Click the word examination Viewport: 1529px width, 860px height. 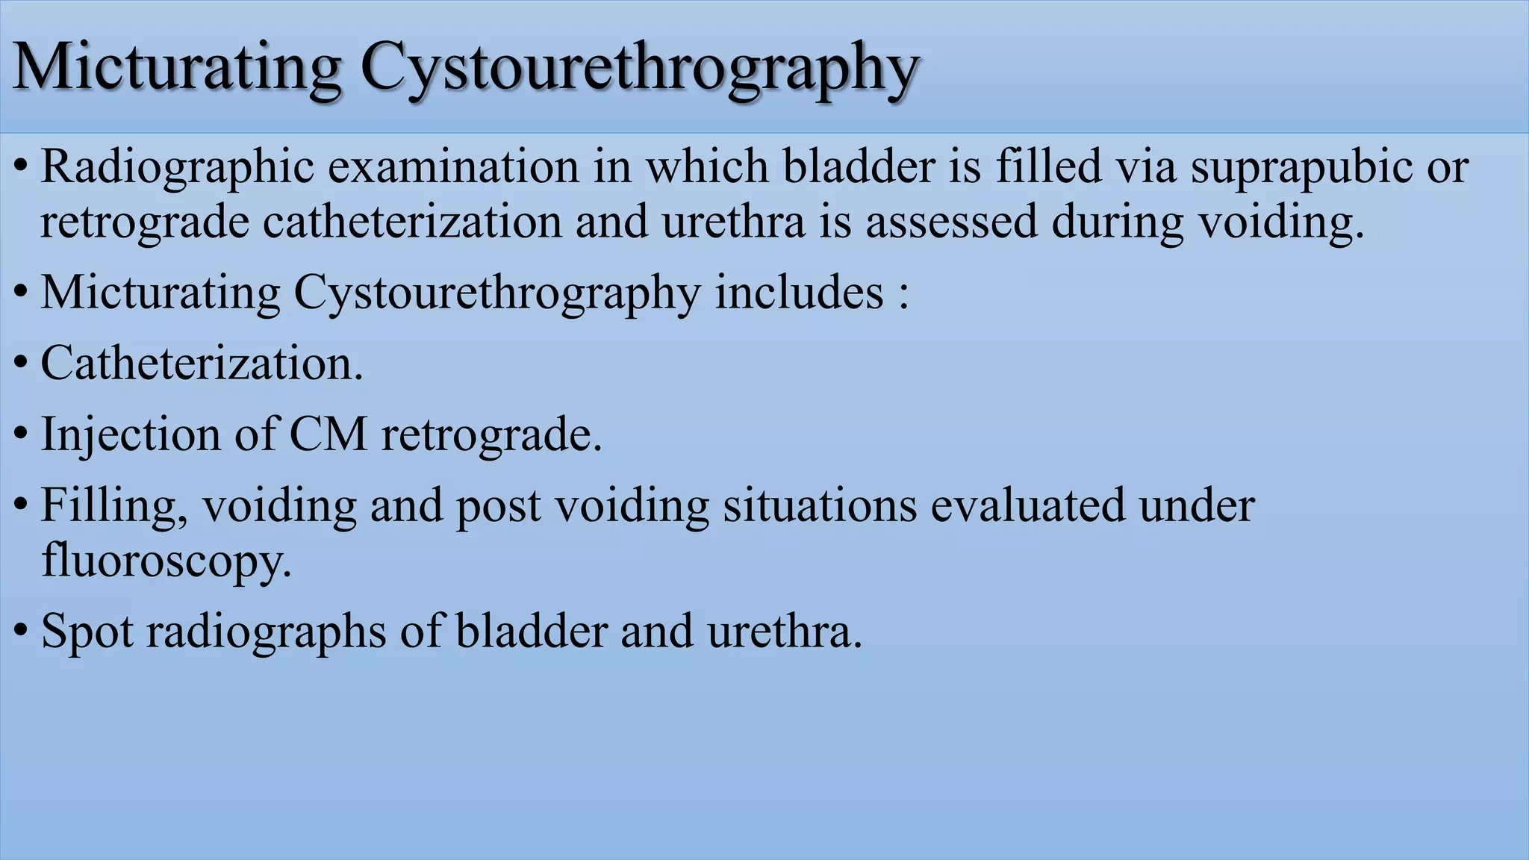point(453,166)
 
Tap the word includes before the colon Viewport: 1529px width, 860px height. point(799,292)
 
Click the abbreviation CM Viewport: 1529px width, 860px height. point(328,434)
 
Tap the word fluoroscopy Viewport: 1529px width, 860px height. point(166,561)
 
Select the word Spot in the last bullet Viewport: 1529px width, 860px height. point(87,632)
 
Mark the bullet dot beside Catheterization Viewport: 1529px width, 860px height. point(22,363)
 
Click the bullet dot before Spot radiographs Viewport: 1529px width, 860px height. point(22,631)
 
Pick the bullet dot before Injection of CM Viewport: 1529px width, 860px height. point(22,434)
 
